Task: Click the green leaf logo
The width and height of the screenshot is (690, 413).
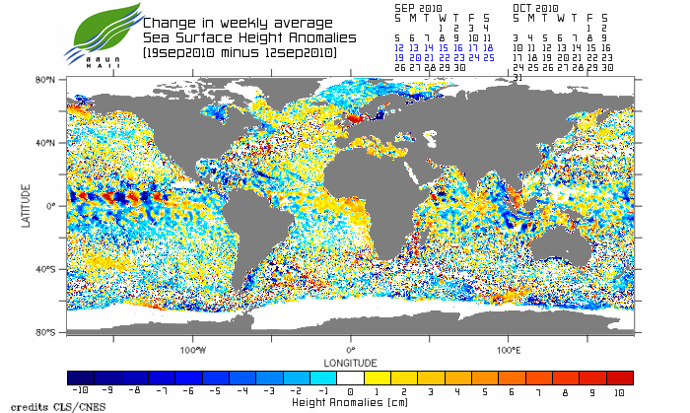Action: click(98, 31)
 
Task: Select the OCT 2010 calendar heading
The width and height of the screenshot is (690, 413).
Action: click(536, 8)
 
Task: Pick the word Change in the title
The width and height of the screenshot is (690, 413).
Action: click(169, 23)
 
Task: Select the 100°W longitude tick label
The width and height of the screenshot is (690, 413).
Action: click(193, 349)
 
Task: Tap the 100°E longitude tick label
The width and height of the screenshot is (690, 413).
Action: click(509, 349)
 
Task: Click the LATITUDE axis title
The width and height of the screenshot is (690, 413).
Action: click(27, 205)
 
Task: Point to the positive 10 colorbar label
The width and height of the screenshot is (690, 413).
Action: click(620, 391)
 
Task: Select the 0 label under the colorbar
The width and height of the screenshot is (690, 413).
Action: click(351, 391)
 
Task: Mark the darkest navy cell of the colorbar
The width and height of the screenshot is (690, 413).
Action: click(80, 378)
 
